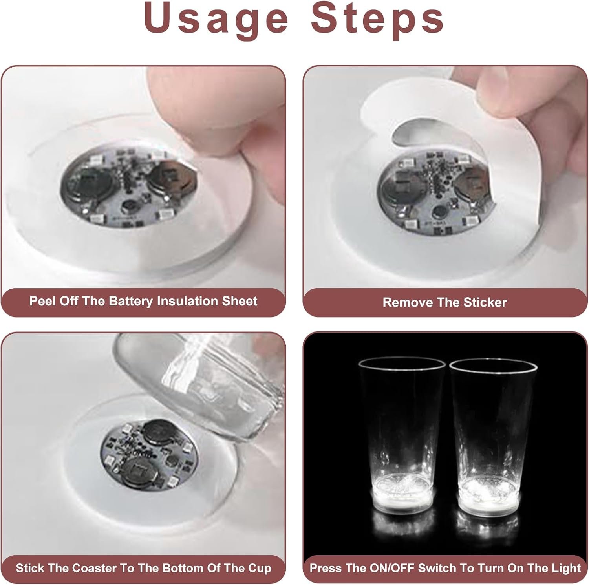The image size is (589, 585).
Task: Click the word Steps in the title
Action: coord(377,19)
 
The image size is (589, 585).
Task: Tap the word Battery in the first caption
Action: coord(131,301)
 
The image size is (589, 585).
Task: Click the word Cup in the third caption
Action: coord(260,569)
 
